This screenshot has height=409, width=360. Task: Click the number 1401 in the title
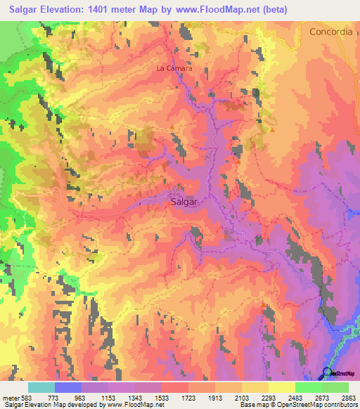(x=112, y=10)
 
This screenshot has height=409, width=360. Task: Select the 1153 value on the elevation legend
(x=108, y=398)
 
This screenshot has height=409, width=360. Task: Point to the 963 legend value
(x=81, y=398)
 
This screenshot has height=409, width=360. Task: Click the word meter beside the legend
(x=8, y=398)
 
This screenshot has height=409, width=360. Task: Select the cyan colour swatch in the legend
(x=41, y=387)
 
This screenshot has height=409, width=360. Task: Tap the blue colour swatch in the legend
(x=68, y=387)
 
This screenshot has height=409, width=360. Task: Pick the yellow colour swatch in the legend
(x=281, y=387)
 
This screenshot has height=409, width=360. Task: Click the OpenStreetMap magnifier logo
(x=328, y=372)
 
